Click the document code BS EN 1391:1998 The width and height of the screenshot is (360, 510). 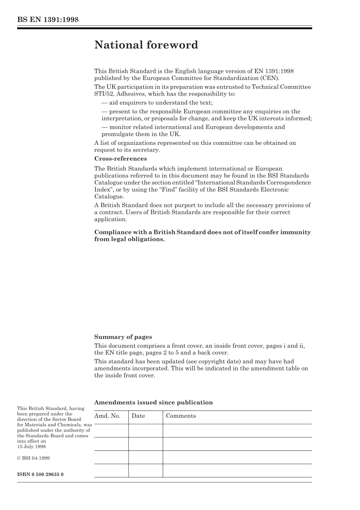coord(48,20)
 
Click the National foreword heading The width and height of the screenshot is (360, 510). coord(146,45)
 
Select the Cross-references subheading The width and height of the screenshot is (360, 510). coord(121,159)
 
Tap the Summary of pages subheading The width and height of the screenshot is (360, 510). coord(123,337)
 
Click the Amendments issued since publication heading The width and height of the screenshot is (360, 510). coord(153,403)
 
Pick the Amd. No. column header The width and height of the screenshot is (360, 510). coord(107,416)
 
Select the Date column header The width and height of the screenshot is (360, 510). coord(138,416)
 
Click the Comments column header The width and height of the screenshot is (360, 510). coord(181,416)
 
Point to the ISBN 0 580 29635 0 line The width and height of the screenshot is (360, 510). coord(40,474)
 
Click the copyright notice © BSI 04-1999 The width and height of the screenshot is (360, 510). coord(33,458)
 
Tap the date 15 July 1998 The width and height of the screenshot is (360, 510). coord(31,447)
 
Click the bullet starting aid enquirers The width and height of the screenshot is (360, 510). coord(157,103)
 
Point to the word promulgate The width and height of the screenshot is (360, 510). coord(117,134)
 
